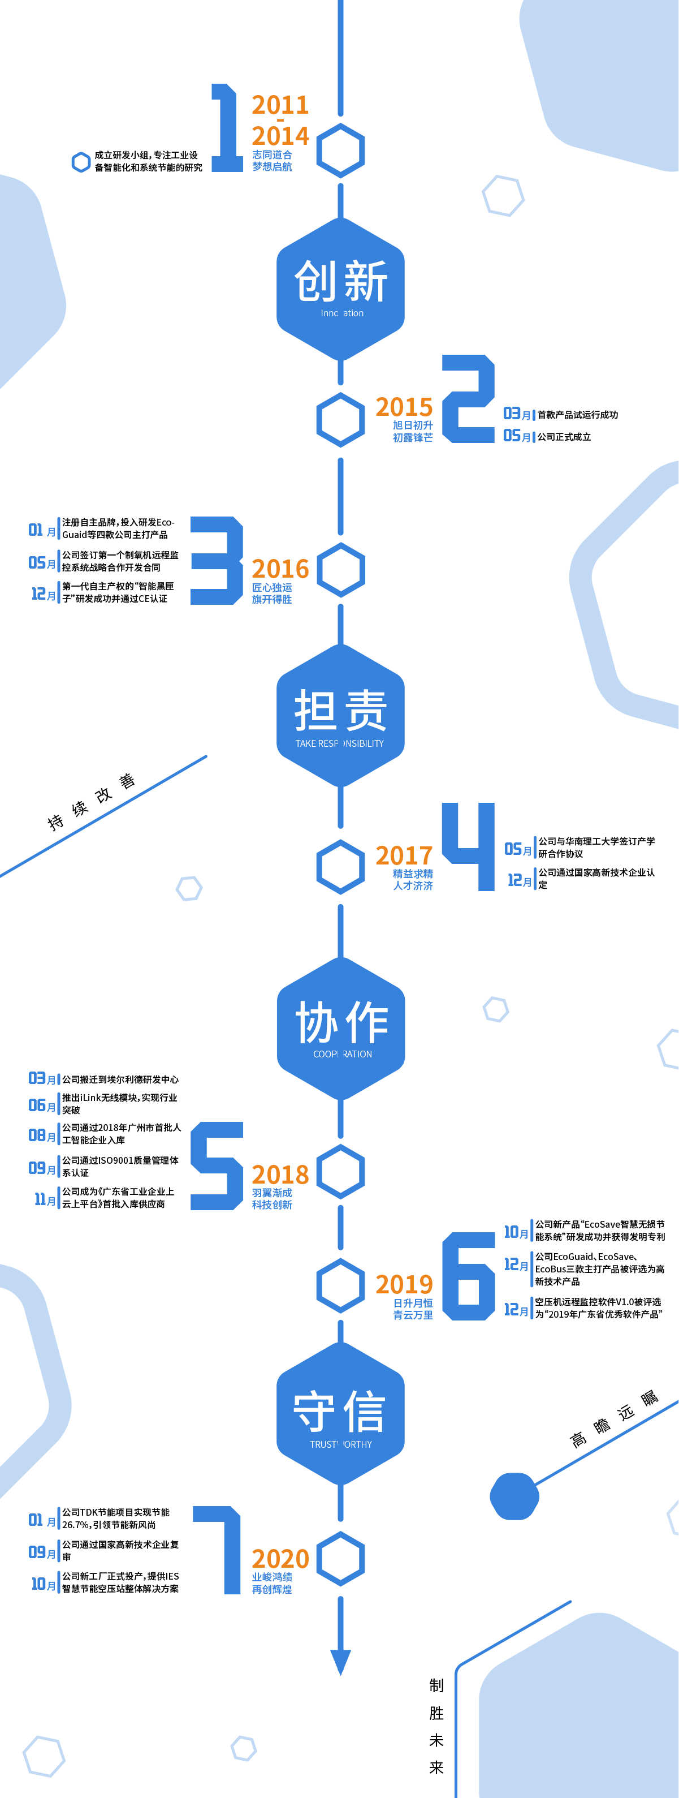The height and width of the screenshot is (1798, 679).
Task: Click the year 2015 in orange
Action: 404,407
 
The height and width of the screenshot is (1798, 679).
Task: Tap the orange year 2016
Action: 280,569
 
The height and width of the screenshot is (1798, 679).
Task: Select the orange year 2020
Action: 280,1559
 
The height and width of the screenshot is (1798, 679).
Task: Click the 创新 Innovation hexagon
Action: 340,289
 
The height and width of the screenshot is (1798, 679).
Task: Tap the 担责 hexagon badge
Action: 340,716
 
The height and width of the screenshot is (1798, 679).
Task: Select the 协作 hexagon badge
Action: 340,1028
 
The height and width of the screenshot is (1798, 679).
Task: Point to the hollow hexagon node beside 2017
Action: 340,866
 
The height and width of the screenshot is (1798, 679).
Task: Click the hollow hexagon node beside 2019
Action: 340,1285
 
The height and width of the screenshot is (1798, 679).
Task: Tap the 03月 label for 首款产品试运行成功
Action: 516,415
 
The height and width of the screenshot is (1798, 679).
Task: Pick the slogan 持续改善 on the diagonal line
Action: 90,803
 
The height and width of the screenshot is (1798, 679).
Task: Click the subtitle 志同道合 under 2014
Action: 272,155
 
